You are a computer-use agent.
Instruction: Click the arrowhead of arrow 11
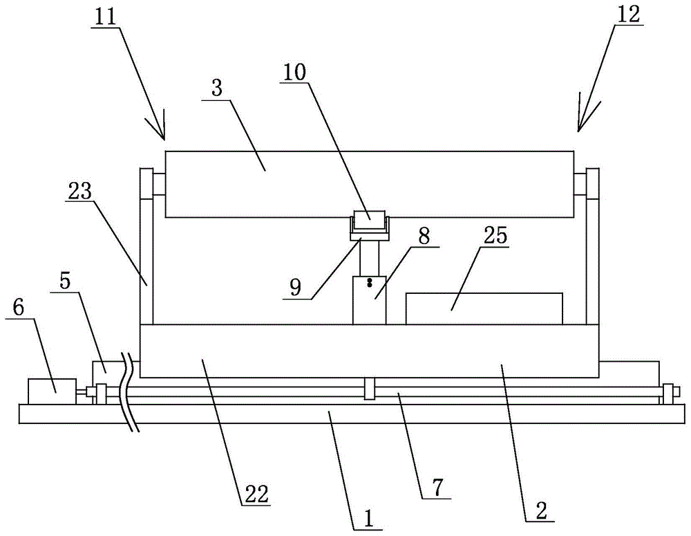coord(163,135)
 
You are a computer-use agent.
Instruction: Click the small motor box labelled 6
coord(52,390)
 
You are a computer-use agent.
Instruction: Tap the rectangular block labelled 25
coord(484,308)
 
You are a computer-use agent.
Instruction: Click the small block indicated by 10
coord(371,219)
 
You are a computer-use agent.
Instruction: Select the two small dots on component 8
coord(370,282)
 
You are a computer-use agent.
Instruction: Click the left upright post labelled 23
coord(146,256)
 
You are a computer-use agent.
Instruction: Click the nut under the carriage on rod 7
coord(370,389)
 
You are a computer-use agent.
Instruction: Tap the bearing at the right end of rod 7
coord(668,394)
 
